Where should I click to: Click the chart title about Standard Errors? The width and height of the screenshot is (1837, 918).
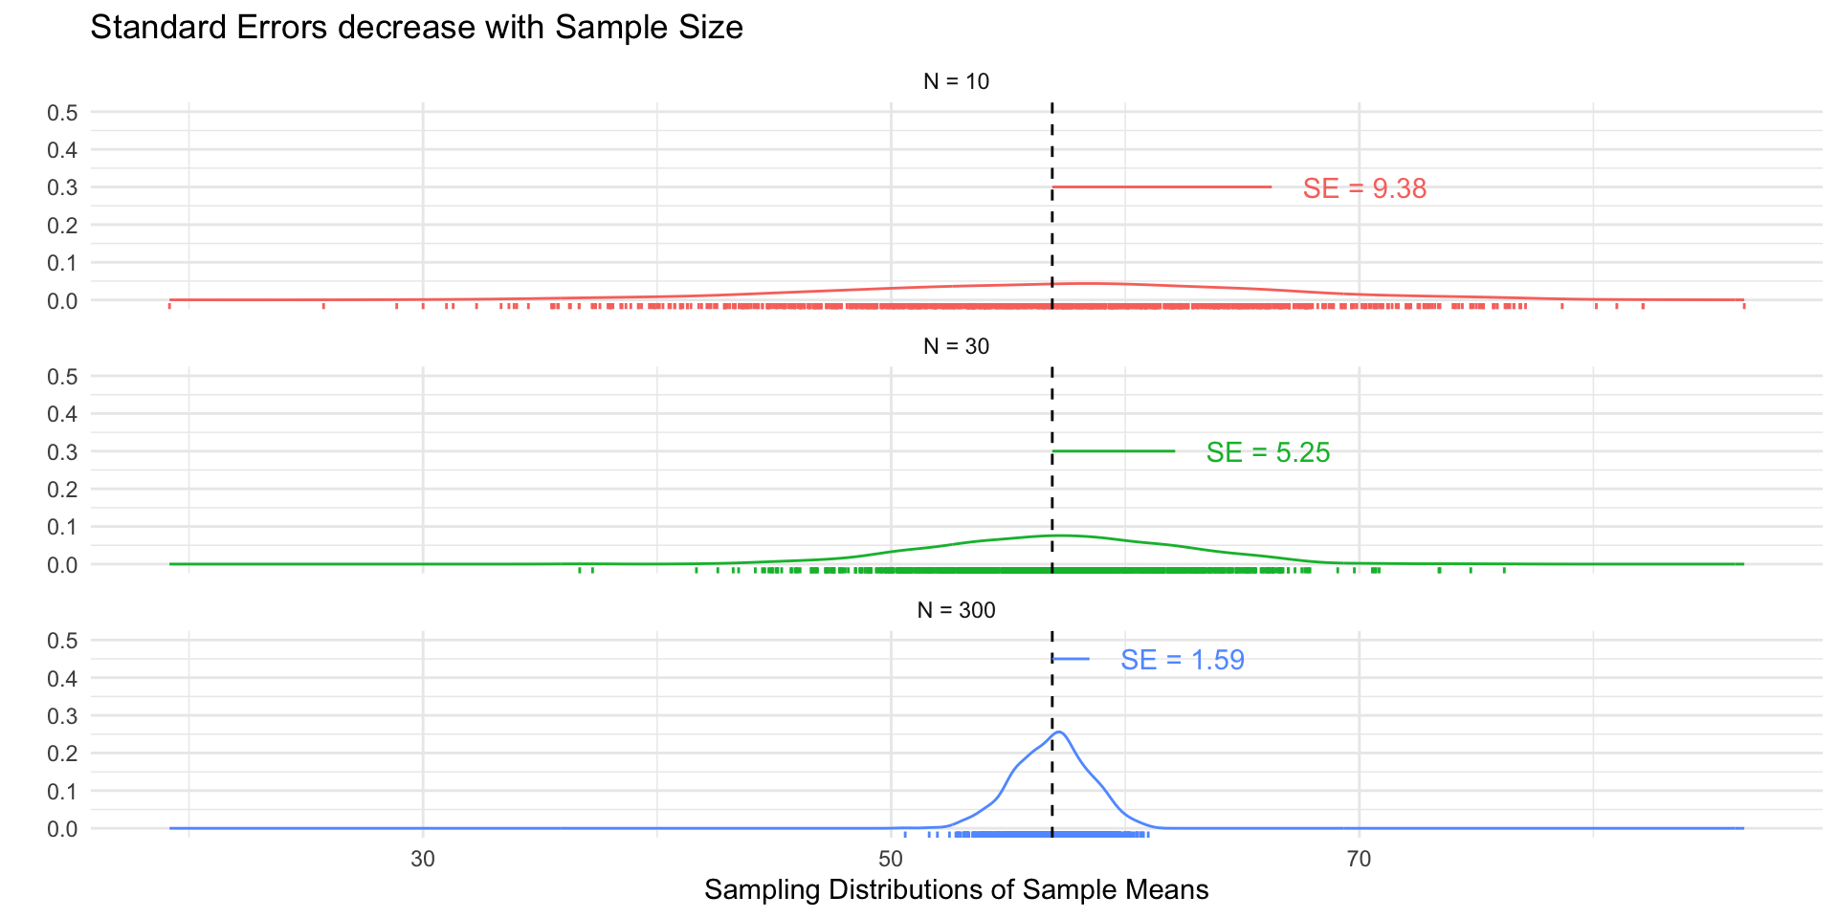click(x=416, y=28)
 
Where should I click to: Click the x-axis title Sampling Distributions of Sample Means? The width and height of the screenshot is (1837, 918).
click(x=956, y=890)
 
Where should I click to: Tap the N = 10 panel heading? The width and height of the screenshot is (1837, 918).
click(x=956, y=82)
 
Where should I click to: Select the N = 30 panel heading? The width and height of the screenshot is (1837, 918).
click(x=956, y=346)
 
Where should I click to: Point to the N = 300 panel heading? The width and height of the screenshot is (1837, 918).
click(x=956, y=610)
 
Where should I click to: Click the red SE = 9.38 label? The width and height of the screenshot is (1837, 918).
click(x=1364, y=188)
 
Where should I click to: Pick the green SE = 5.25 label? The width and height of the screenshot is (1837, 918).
click(x=1268, y=452)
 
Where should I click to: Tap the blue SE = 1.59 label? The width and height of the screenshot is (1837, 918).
click(x=1183, y=660)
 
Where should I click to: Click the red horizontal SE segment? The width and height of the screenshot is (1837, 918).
click(x=1162, y=187)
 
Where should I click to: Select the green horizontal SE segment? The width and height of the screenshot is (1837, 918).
click(x=1113, y=451)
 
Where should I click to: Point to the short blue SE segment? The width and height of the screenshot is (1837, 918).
click(x=1071, y=659)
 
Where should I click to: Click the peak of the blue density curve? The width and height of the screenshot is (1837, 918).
click(x=1058, y=732)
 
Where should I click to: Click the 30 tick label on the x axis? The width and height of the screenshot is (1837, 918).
click(x=423, y=859)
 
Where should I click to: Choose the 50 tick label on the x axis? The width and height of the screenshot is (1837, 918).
click(x=891, y=859)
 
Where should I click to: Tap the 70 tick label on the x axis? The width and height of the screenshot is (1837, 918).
click(x=1359, y=859)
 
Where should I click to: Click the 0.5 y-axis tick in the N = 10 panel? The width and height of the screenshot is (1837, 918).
click(x=63, y=113)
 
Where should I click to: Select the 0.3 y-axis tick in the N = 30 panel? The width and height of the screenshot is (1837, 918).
click(x=63, y=452)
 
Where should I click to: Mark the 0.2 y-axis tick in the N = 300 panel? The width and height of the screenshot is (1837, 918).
click(x=63, y=754)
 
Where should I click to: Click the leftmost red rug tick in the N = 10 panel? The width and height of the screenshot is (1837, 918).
click(x=169, y=306)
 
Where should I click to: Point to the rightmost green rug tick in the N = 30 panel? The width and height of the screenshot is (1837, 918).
click(x=1504, y=570)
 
